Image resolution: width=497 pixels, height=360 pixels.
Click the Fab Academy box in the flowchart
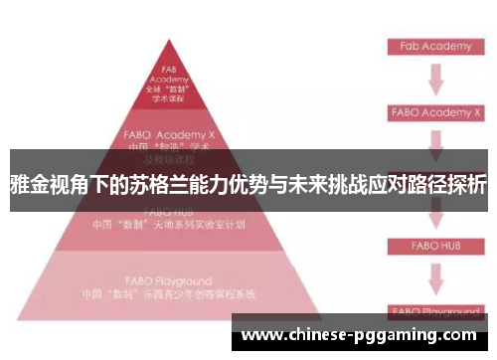(434, 47)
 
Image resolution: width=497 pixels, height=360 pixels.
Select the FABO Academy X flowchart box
(434, 113)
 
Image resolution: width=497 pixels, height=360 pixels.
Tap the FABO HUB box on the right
(434, 245)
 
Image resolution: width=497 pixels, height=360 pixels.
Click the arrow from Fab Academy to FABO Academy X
(434, 80)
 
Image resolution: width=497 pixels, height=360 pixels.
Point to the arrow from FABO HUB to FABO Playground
(434, 277)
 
